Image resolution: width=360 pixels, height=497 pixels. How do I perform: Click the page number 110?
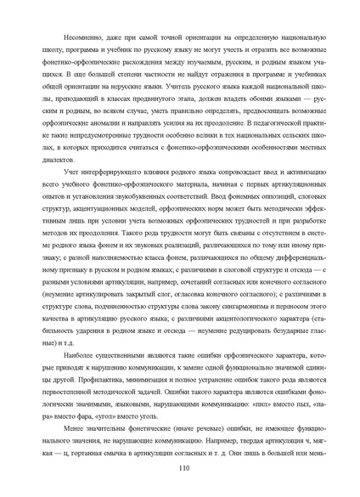(180, 466)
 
